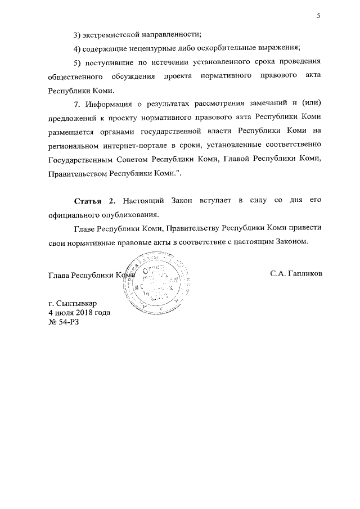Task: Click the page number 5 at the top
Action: tap(318, 16)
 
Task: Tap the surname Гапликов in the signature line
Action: tap(307, 274)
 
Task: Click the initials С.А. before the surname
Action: tap(280, 274)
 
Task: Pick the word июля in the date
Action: tap(63, 313)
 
